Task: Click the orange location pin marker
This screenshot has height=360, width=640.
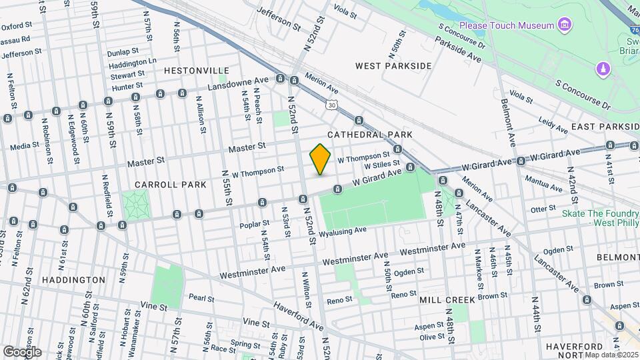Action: click(x=321, y=159)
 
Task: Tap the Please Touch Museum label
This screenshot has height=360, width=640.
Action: click(x=507, y=25)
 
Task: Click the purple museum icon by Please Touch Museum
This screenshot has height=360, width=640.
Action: click(x=565, y=25)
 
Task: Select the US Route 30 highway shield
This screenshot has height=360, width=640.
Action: click(x=332, y=105)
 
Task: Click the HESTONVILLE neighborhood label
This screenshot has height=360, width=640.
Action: click(x=196, y=71)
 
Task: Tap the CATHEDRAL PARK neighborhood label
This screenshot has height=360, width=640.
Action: click(x=369, y=135)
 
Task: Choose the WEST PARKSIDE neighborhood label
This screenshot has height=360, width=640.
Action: click(x=393, y=66)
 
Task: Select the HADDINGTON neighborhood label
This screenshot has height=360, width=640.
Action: click(x=73, y=280)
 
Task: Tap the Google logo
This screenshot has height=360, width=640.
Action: click(x=21, y=351)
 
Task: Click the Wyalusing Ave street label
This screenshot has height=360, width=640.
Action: click(x=343, y=231)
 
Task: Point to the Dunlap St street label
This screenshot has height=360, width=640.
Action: click(x=124, y=51)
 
